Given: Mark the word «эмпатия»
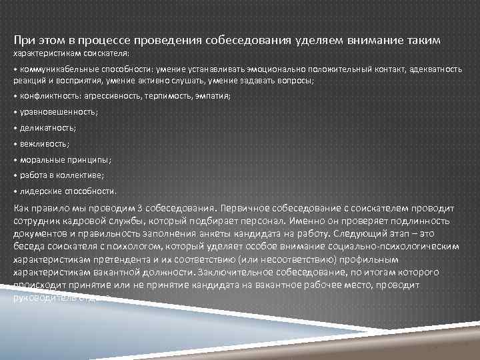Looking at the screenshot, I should point(211,96).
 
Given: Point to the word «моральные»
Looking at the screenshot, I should point(42,160).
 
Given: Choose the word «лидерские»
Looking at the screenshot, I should point(40,191).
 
